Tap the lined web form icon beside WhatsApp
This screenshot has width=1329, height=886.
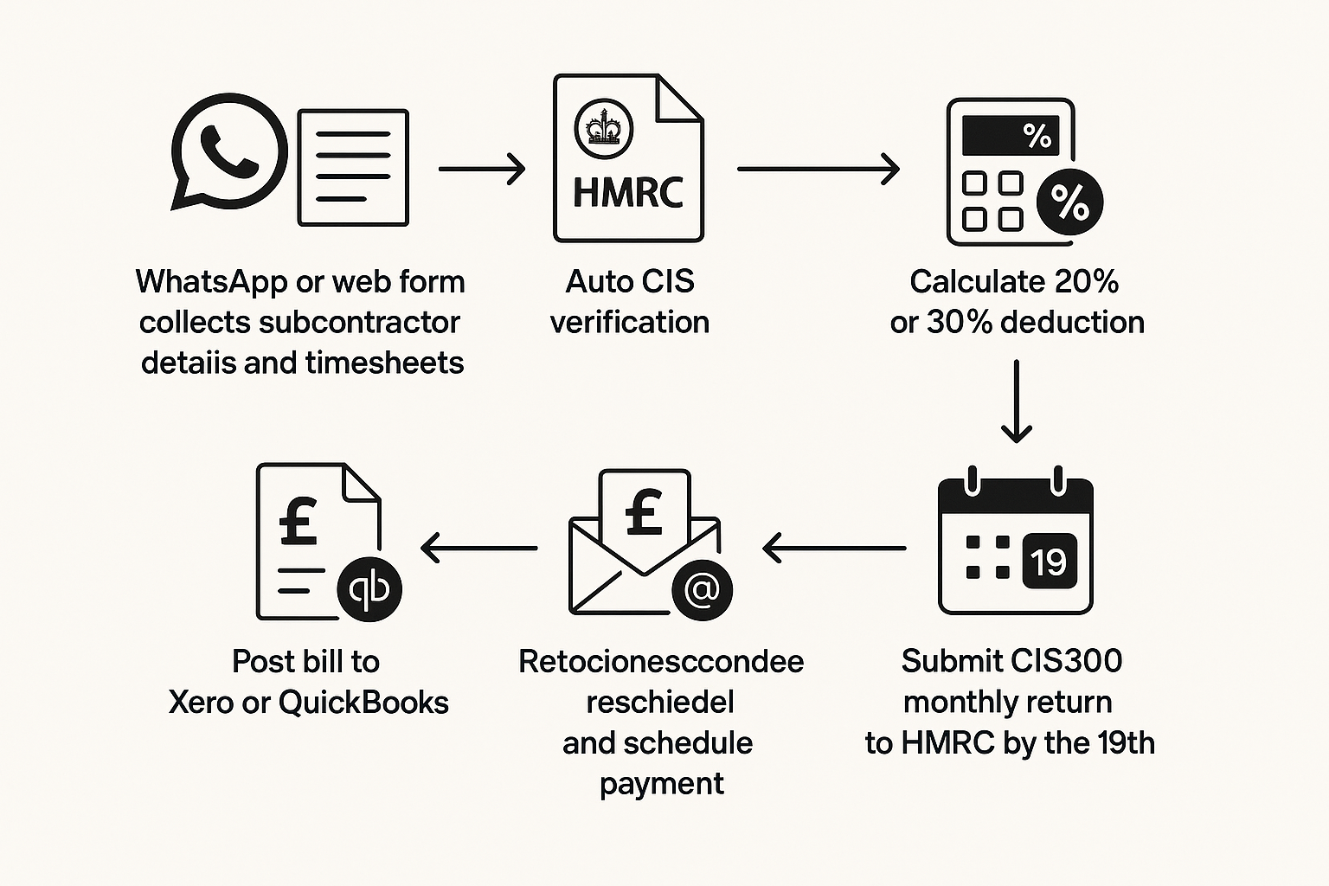coord(353,168)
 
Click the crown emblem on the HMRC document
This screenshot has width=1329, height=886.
coord(603,129)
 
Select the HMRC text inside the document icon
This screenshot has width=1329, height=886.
coord(628,192)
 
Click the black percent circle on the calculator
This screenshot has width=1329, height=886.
coord(1069,203)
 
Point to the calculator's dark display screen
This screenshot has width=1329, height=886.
coord(1010,136)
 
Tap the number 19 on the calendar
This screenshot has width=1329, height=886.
coord(1049,562)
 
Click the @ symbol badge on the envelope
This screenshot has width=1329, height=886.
coord(702,590)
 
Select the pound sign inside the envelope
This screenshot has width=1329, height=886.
coord(644,511)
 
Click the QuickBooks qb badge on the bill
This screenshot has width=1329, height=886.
coord(369,589)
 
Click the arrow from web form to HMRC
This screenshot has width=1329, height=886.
coord(482,169)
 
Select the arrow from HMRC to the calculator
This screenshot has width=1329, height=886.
coord(818,169)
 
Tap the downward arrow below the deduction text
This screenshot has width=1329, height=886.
coord(1016,401)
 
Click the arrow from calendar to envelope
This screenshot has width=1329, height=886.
coord(834,548)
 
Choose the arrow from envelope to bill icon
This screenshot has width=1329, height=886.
coord(479,548)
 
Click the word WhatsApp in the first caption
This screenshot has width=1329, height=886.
coord(211,282)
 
